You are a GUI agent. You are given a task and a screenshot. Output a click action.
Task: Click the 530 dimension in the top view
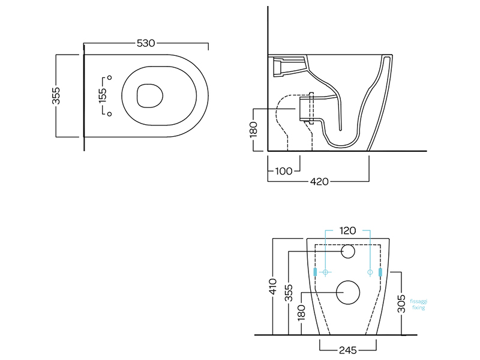(146, 43)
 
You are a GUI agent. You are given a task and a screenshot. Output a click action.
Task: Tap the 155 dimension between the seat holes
(103, 95)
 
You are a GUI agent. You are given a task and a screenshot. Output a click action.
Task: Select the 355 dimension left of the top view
(56, 95)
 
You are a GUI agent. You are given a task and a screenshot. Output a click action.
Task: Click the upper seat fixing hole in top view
(109, 77)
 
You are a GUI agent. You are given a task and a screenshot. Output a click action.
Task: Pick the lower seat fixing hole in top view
(109, 113)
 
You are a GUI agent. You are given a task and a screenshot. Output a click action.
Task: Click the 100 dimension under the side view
(283, 171)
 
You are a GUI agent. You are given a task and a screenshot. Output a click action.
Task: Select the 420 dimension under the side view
(319, 181)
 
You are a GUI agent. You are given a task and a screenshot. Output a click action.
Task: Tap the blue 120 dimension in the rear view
(348, 230)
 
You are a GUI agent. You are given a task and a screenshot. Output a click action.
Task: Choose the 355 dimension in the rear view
(289, 292)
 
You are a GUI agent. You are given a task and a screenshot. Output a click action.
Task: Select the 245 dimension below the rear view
(348, 349)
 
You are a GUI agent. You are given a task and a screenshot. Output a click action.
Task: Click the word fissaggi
(418, 302)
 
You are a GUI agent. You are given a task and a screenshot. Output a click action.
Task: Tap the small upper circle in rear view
(348, 252)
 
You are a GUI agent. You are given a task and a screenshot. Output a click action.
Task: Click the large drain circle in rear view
(348, 293)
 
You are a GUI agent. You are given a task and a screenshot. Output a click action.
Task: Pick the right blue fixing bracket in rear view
(381, 272)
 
